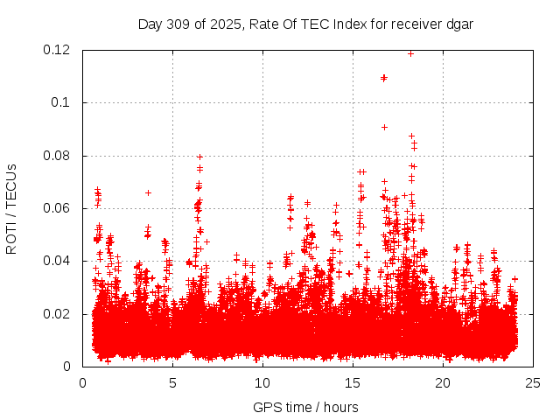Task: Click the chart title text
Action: pos(305,24)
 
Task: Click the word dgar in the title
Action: pos(458,24)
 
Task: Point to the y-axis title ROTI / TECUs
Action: pos(11,208)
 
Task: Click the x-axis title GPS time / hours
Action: pos(305,407)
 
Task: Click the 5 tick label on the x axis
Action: pos(172,382)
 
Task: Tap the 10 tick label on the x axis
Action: pos(262,382)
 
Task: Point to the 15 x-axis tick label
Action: pos(353,382)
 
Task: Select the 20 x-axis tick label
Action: pos(443,382)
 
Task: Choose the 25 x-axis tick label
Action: pos(533,382)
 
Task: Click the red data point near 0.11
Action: pos(384,78)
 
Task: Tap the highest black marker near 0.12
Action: pos(410,53)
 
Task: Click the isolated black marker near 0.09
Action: pos(384,127)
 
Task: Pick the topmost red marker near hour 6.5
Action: pos(199,157)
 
